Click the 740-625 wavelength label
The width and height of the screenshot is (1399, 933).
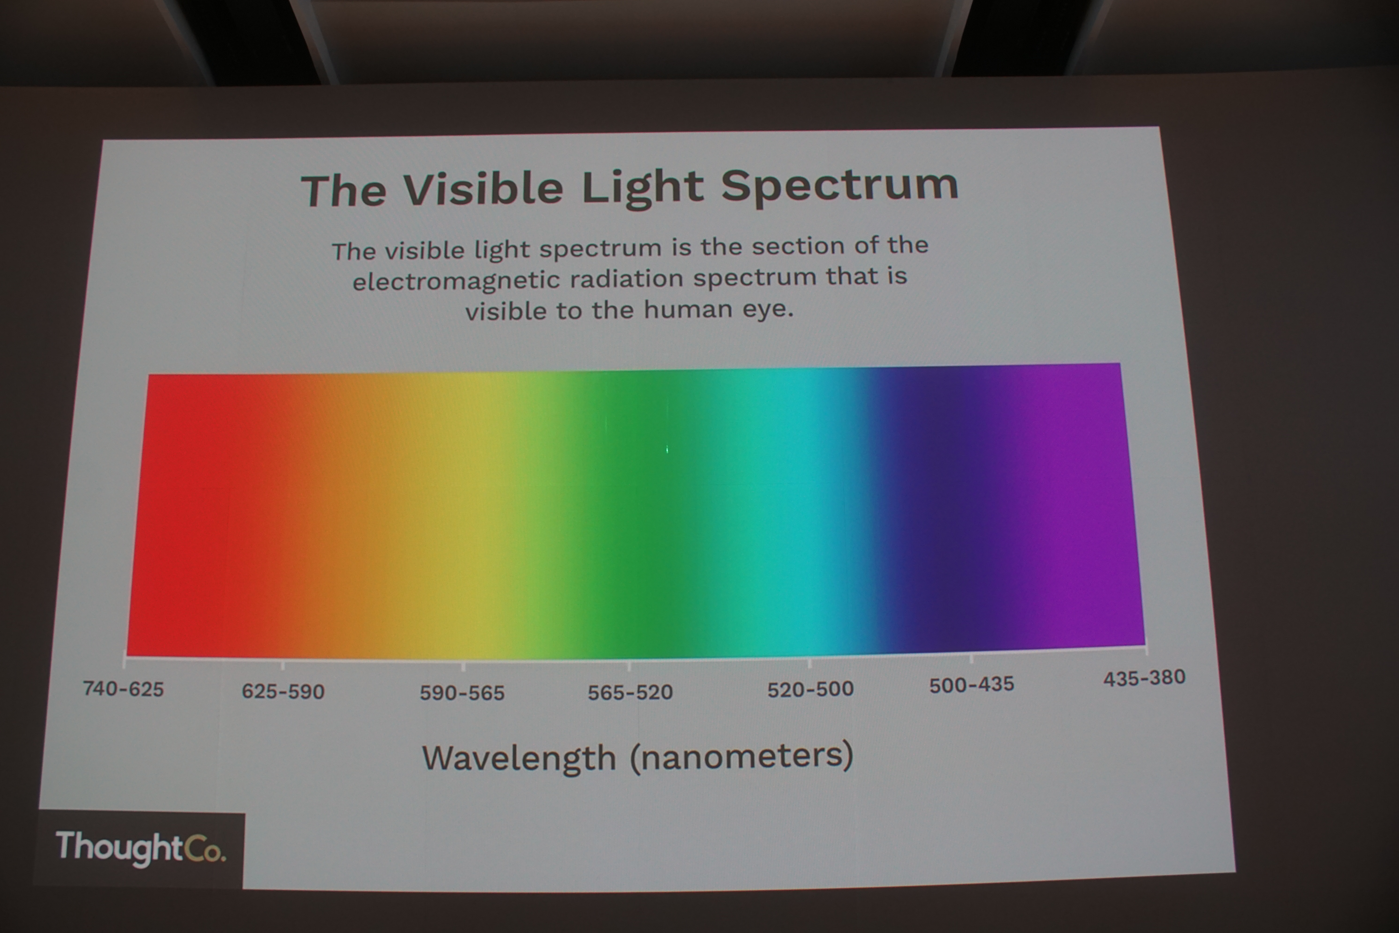123,689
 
